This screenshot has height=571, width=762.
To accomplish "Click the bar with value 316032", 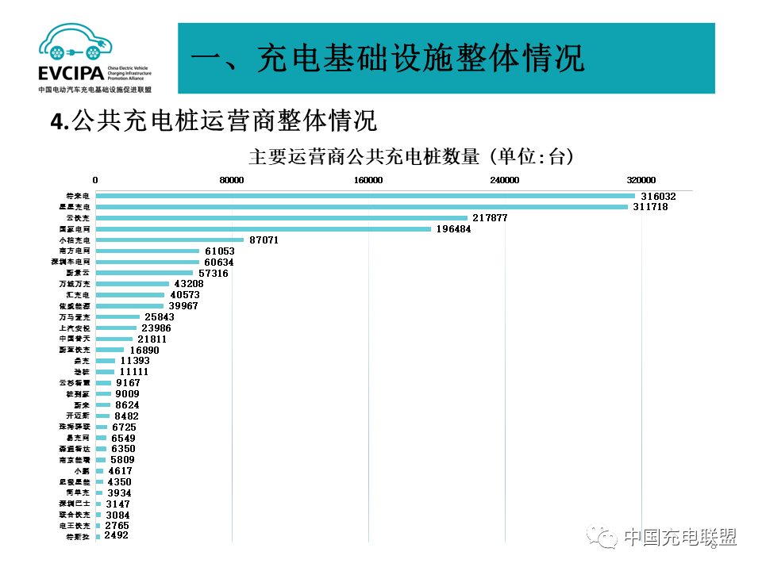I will [365, 196].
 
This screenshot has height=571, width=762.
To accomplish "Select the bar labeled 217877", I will [282, 217].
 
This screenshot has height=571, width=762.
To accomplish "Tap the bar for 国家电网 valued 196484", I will [264, 228].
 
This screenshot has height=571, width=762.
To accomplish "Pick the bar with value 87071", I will [170, 240].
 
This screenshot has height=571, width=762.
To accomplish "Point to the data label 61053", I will [219, 251].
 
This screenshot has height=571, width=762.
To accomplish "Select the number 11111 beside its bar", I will [133, 371].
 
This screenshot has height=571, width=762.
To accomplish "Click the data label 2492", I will [116, 535].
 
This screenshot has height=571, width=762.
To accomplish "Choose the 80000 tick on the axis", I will [231, 180].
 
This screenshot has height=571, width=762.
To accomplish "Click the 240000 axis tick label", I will [505, 180].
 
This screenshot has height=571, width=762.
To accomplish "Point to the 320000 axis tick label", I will [641, 180].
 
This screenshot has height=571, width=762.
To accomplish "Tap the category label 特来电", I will [79, 196].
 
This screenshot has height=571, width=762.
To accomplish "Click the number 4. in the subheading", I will [60, 121].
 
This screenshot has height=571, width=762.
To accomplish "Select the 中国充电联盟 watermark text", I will [679, 538].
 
